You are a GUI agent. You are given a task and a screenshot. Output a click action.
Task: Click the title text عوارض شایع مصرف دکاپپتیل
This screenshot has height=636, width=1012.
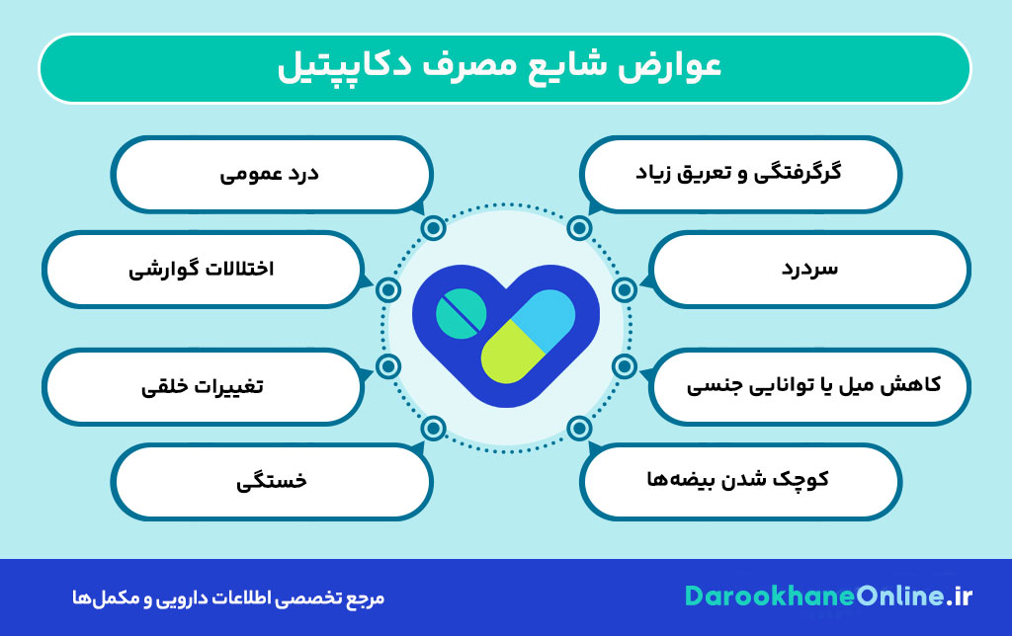click(x=505, y=68)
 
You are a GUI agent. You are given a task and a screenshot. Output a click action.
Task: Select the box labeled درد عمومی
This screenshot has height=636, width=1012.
click(x=271, y=175)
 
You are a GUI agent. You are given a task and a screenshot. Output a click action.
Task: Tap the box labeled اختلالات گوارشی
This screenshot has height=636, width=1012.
click(x=203, y=269)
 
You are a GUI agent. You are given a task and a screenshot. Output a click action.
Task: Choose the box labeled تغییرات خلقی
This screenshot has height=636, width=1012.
click(x=203, y=385)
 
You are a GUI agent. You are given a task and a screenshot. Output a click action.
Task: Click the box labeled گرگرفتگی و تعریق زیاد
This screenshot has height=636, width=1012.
click(x=740, y=175)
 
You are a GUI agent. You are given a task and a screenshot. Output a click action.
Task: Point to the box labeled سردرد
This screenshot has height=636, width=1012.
click(x=809, y=269)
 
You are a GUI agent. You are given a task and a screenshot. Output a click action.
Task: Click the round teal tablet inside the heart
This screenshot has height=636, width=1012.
click(x=461, y=313)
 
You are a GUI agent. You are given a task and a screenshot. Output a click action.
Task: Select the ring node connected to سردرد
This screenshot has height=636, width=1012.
click(x=624, y=289)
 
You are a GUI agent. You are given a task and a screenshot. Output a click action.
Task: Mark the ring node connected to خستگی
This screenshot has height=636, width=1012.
click(x=432, y=429)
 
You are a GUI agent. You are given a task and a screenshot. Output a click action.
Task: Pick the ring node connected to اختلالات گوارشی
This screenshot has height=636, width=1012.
click(x=388, y=289)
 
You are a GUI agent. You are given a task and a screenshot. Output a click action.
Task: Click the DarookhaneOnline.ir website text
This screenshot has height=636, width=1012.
click(x=828, y=596)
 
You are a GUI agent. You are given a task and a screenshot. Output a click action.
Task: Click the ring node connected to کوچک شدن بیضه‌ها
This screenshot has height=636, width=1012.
click(x=580, y=429)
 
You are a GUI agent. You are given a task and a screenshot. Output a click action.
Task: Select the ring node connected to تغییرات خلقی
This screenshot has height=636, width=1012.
click(x=388, y=367)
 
